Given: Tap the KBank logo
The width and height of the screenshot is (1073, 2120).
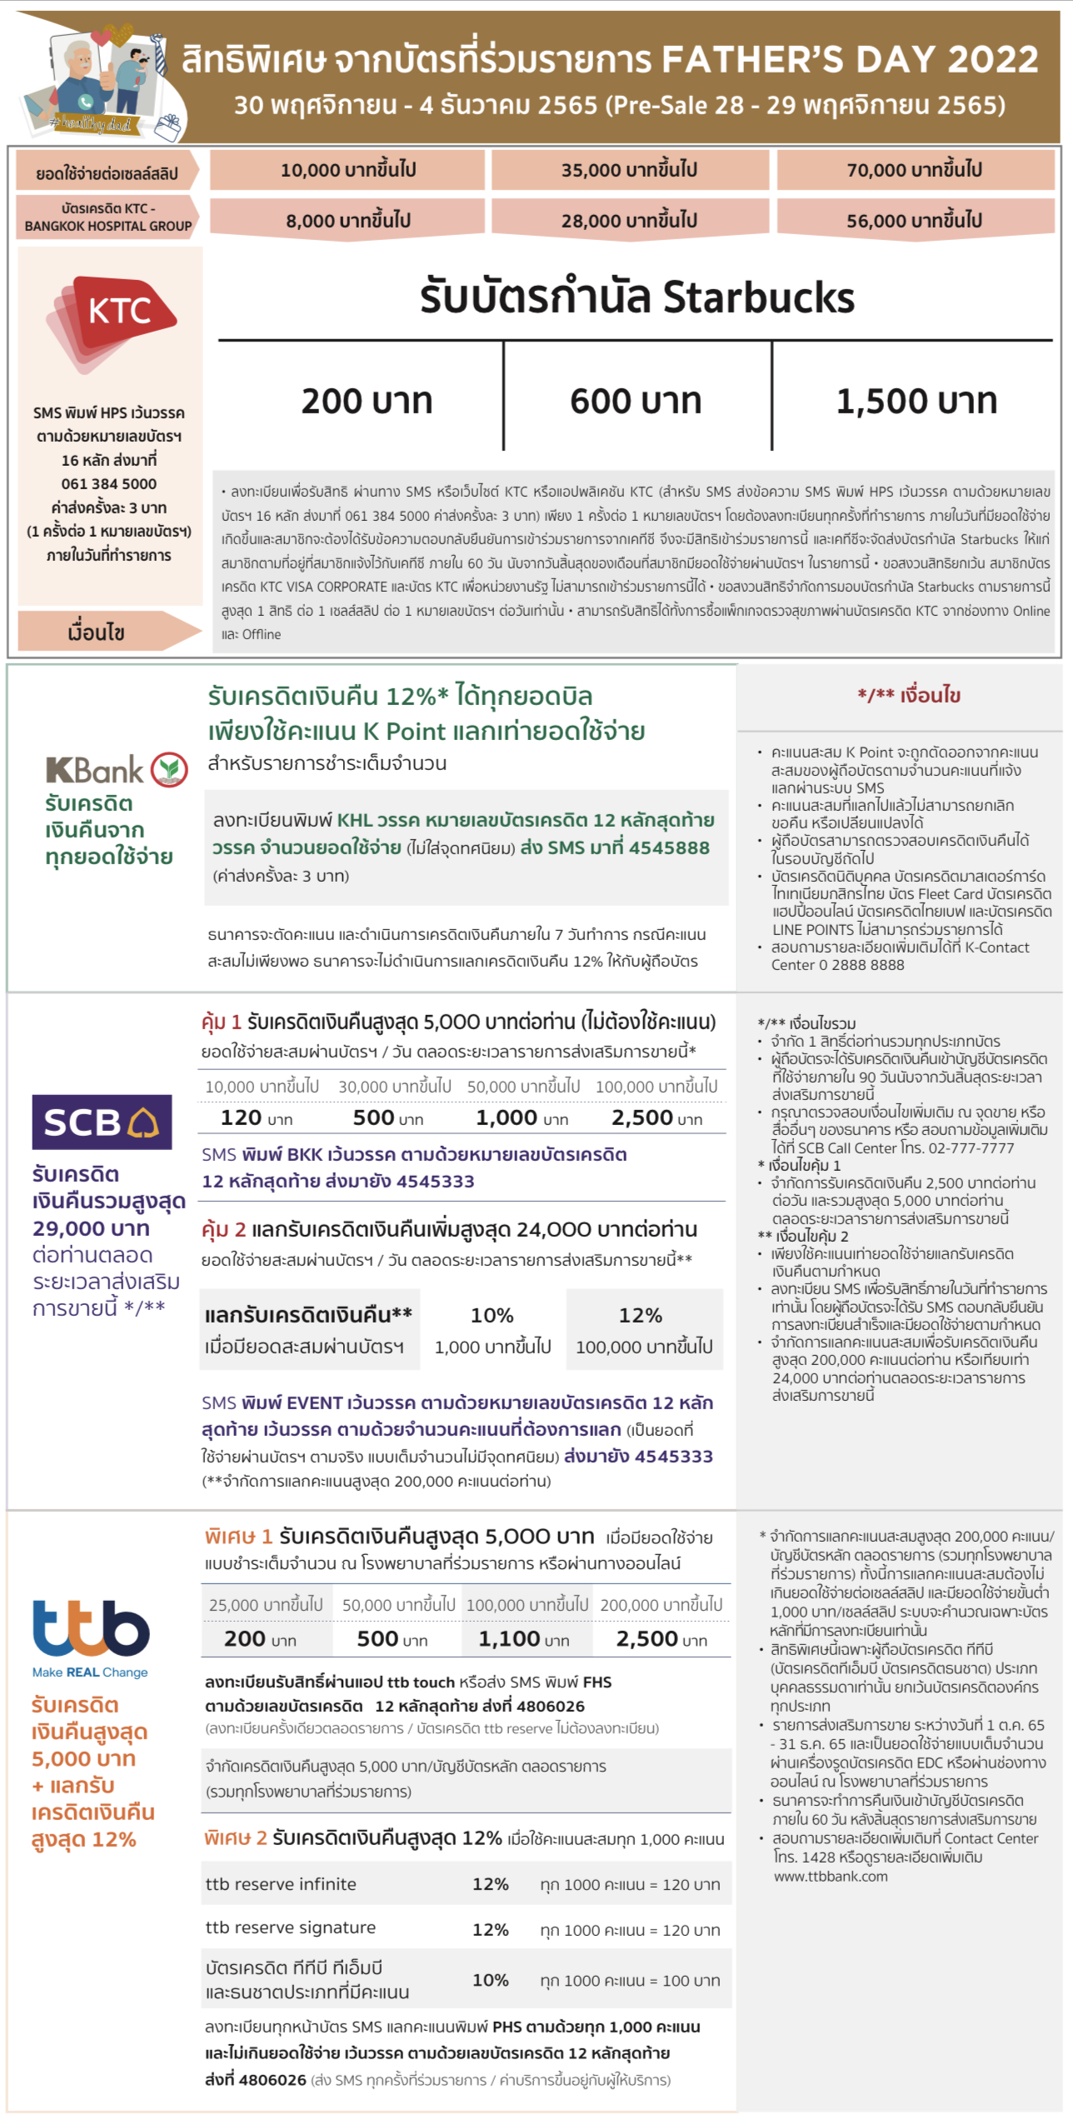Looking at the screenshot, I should click(117, 769).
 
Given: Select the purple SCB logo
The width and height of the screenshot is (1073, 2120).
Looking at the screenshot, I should click(102, 1122).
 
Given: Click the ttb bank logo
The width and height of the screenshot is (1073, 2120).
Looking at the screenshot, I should click(91, 1628).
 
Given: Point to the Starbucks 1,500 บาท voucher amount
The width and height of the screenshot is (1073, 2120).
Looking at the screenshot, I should click(916, 401).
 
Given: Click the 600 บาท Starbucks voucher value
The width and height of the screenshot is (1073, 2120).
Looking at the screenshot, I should click(636, 401).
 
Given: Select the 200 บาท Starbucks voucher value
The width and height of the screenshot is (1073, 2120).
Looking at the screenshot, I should click(367, 401).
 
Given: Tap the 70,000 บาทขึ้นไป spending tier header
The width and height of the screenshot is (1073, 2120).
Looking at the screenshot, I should click(915, 170).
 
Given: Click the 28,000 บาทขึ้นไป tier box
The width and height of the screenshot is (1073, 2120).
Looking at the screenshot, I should click(629, 221).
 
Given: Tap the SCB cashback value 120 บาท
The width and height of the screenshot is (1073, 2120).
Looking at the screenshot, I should click(256, 1118).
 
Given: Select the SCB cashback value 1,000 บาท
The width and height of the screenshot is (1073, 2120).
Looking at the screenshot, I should click(522, 1118).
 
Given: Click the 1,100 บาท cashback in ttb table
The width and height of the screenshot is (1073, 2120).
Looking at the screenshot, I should click(524, 1640).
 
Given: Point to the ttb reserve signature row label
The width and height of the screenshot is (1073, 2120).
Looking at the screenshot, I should click(291, 1927).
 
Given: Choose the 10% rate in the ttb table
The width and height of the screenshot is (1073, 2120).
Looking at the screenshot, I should click(491, 1980).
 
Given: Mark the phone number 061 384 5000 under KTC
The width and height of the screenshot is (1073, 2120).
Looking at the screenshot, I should click(108, 483).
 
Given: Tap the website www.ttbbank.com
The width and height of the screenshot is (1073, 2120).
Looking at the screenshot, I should click(831, 1877).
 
